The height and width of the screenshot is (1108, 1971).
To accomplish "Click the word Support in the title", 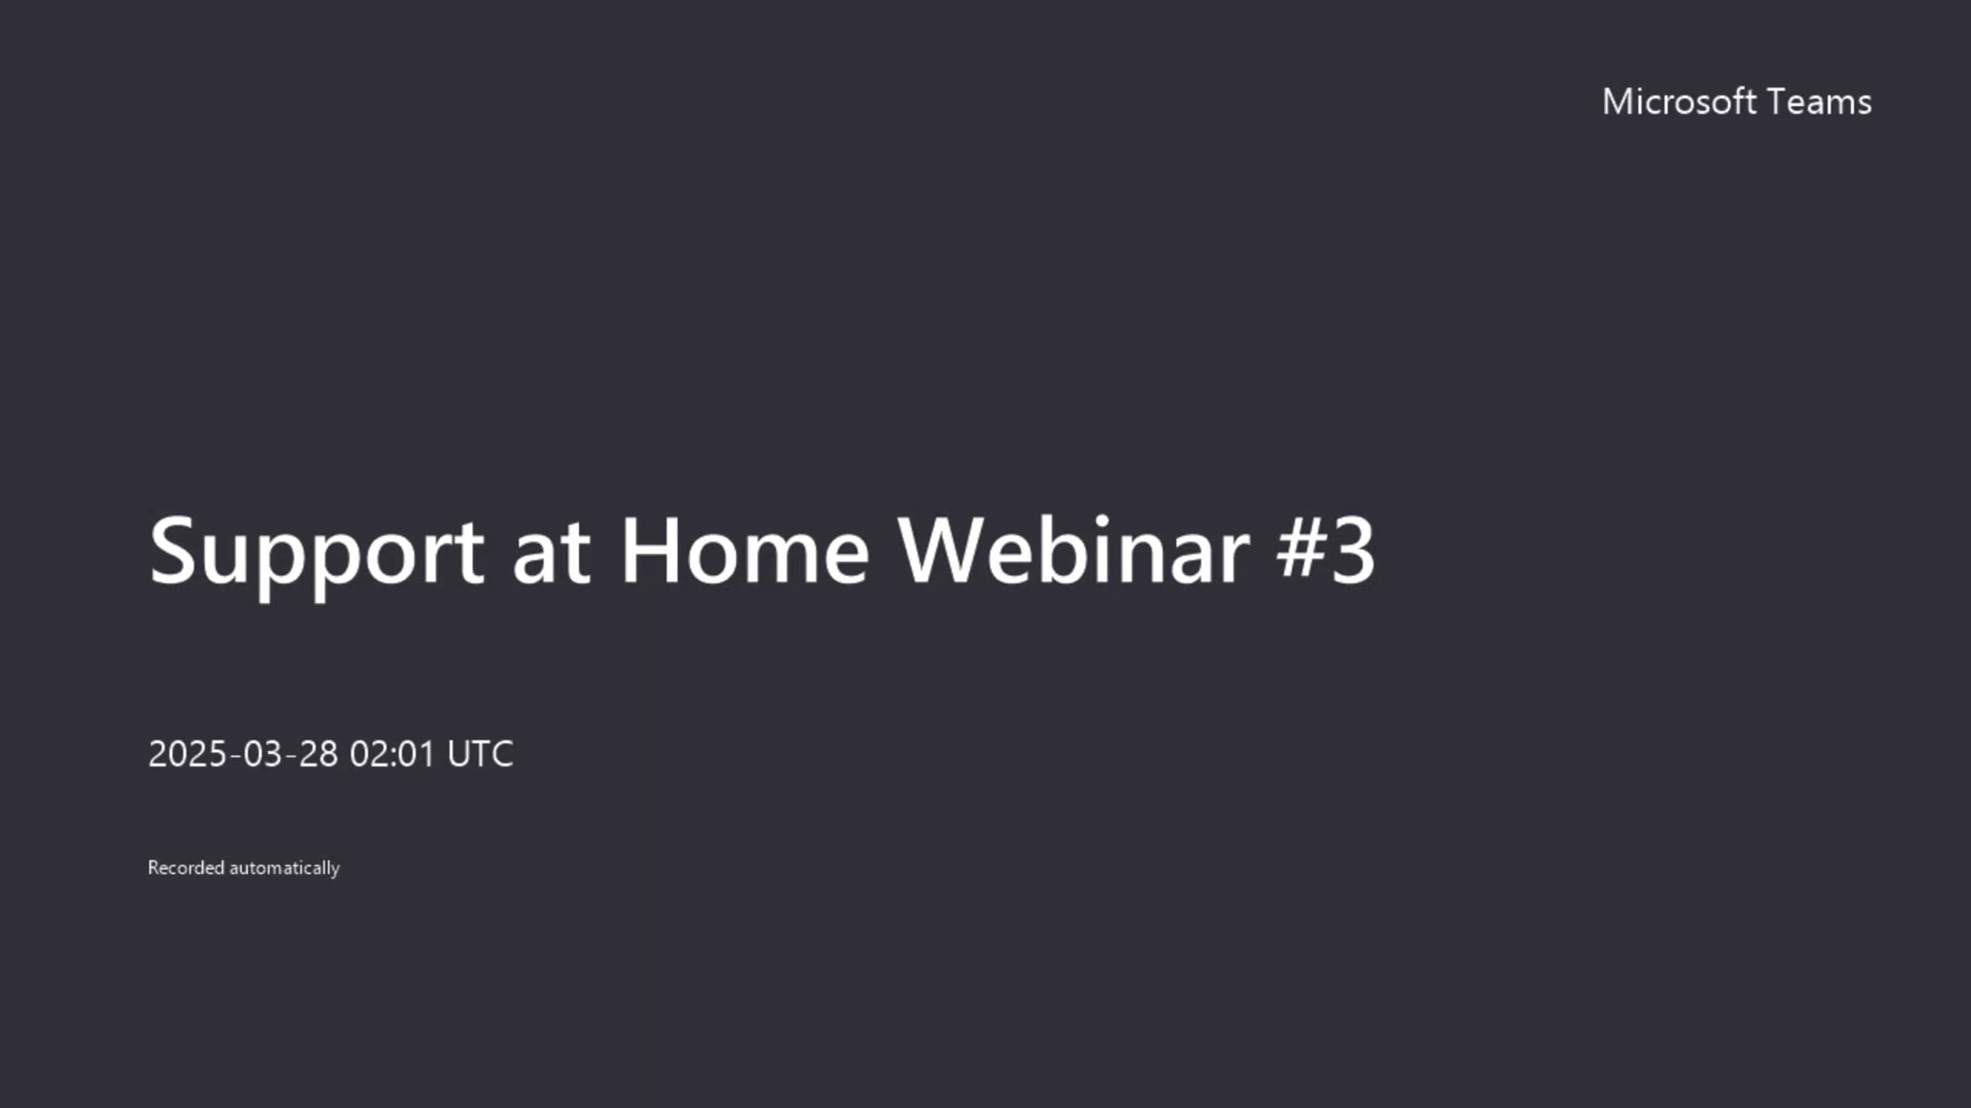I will [x=316, y=552].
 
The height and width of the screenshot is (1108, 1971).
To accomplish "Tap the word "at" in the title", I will [x=551, y=552].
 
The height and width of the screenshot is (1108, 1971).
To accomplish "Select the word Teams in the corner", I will [x=1819, y=103].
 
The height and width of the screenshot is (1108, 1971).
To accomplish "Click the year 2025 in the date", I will [x=187, y=754].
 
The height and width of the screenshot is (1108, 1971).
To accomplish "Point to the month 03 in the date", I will [x=263, y=754].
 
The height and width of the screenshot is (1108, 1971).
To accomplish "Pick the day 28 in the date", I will [x=319, y=754].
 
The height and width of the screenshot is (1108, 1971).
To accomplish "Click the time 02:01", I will [x=392, y=754].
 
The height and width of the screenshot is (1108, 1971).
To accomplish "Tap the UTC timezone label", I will [x=480, y=754].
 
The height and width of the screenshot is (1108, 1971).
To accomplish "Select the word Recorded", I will [x=186, y=868].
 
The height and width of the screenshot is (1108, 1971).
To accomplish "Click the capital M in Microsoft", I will [x=1618, y=103].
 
